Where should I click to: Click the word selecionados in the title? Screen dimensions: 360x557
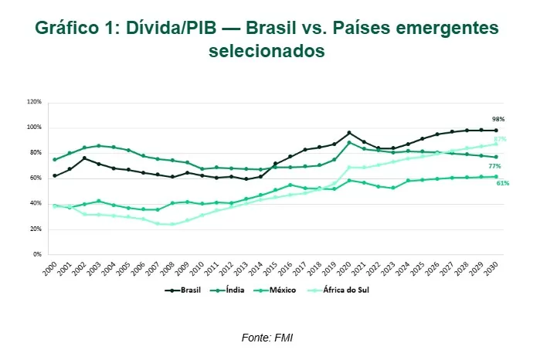267,51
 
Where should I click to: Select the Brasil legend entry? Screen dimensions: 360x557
185,290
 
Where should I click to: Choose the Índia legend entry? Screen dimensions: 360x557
235,290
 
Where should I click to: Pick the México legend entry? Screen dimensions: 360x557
287,290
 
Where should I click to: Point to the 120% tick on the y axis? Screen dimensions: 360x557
34,101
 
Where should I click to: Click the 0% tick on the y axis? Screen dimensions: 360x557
36,254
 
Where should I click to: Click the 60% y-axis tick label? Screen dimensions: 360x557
36,178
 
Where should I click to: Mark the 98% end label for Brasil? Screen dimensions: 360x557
498,120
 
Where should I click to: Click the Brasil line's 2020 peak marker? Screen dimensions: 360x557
349,133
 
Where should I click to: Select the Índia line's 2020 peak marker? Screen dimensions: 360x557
349,142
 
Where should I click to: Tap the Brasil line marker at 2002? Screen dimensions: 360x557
84,158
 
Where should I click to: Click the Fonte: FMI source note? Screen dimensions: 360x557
268,338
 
